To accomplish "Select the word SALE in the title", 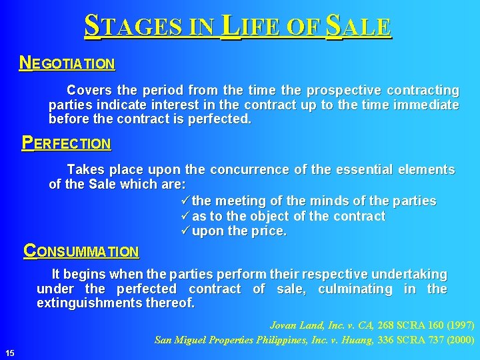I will [359, 26].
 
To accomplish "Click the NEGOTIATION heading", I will [67, 64].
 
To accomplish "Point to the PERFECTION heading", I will [66, 143].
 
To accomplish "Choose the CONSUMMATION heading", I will [81, 252].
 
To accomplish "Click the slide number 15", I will [10, 352].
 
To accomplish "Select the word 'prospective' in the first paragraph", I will [320, 90].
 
